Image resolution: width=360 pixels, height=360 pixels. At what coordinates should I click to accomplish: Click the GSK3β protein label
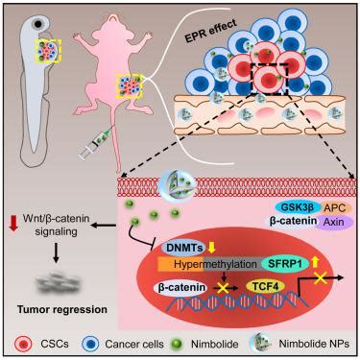click(298, 207)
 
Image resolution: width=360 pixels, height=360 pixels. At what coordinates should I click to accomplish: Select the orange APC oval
click(334, 207)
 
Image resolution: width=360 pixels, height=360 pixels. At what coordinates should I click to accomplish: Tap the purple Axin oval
click(333, 222)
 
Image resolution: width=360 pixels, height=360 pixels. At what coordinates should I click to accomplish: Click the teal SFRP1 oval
click(285, 264)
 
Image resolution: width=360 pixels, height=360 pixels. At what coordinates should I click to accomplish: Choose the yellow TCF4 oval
click(265, 287)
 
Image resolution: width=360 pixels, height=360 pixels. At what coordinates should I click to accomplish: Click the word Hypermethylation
click(215, 264)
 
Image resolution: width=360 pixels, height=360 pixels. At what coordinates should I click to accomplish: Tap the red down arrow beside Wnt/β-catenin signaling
click(13, 223)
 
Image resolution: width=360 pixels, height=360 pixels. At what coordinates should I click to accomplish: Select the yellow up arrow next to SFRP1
click(315, 262)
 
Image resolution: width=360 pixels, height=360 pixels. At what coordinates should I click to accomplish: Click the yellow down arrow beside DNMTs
click(211, 247)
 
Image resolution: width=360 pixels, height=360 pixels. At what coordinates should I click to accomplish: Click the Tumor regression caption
click(62, 309)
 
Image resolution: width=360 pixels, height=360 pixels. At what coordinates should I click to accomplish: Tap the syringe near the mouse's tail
click(96, 143)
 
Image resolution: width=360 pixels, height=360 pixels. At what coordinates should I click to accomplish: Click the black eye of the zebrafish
click(39, 24)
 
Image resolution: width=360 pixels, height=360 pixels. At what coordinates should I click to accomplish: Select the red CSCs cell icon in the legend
click(24, 344)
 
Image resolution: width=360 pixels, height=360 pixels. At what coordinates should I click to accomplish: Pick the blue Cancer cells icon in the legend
click(90, 344)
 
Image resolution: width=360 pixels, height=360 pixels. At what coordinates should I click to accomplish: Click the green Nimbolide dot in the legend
click(177, 345)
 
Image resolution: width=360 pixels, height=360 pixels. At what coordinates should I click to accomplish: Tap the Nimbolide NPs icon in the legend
click(261, 344)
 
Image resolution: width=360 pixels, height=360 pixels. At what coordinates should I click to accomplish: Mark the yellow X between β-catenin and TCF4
click(223, 287)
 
